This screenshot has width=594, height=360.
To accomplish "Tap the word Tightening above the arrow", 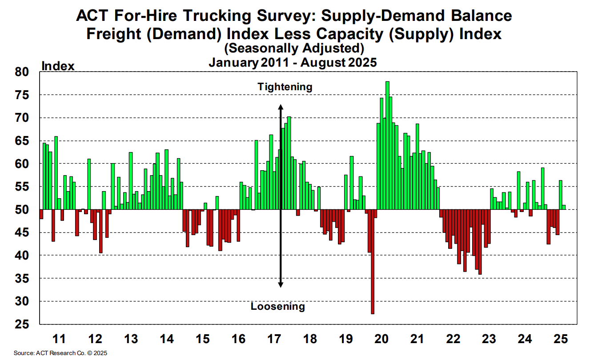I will [285, 87].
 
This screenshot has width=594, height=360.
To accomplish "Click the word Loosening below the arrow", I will [278, 306].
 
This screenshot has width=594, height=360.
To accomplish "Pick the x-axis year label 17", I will [274, 339].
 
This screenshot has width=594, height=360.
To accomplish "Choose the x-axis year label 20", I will [382, 339].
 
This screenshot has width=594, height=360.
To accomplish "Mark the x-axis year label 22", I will [454, 339].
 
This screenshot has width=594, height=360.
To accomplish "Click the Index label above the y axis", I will [58, 66].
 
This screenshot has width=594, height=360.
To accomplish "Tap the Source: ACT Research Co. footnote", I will [60, 353].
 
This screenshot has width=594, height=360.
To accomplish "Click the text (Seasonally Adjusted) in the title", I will [294, 48].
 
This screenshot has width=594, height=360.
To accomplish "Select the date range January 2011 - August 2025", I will [293, 63].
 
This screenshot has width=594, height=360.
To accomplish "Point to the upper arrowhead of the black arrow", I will [281, 107].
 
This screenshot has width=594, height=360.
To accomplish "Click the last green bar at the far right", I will [564, 207].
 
